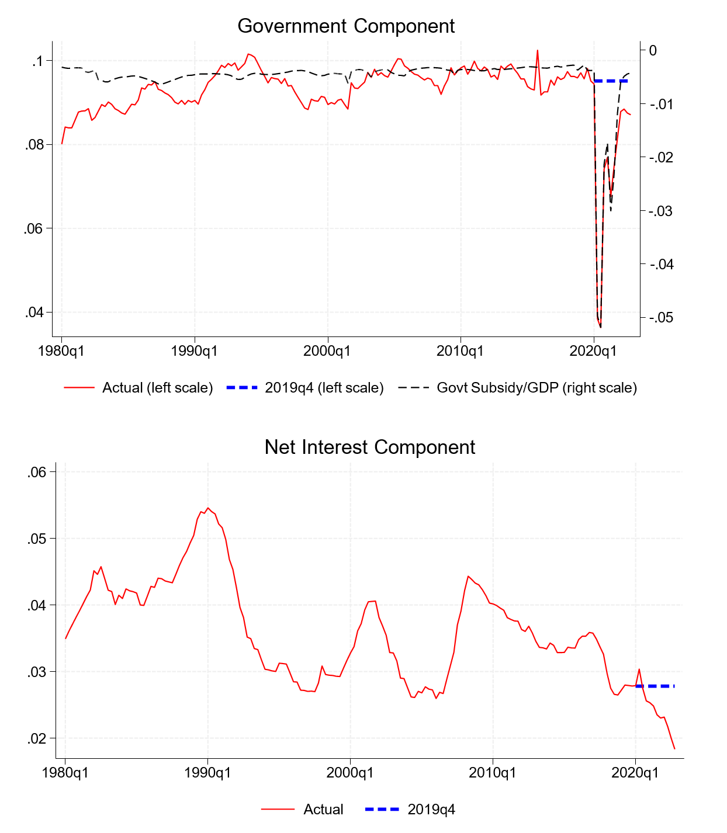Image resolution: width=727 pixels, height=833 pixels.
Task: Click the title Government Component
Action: coord(346,26)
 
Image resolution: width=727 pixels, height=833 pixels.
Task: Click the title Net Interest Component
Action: coord(369,447)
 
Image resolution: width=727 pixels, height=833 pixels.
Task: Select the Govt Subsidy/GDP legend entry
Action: coord(536,388)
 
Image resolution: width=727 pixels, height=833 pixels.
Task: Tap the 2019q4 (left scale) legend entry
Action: coord(324,388)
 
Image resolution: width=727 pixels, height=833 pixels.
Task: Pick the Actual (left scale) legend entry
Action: coord(157,388)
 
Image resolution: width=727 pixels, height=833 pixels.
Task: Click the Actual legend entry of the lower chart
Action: coord(323,810)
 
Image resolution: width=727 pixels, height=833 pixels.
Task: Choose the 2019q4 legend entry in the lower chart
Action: coord(431,810)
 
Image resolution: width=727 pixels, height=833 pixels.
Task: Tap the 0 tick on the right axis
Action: coord(653,51)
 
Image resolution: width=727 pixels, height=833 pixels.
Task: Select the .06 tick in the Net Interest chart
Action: coord(36,472)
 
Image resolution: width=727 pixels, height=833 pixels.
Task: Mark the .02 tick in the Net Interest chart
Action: coord(36,738)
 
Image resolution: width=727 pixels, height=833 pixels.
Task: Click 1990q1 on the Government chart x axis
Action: coord(195,351)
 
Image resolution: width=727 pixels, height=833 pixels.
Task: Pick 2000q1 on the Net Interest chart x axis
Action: coord(350,773)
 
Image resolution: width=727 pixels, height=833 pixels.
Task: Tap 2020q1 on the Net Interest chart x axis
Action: coord(635,773)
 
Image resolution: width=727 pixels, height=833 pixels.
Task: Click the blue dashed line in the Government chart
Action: coord(611,81)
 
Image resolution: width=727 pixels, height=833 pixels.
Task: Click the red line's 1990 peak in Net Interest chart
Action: coord(208,508)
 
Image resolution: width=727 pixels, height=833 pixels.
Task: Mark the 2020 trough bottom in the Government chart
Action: coord(600,327)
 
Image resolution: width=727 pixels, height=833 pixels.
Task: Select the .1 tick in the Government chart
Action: coord(39,61)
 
